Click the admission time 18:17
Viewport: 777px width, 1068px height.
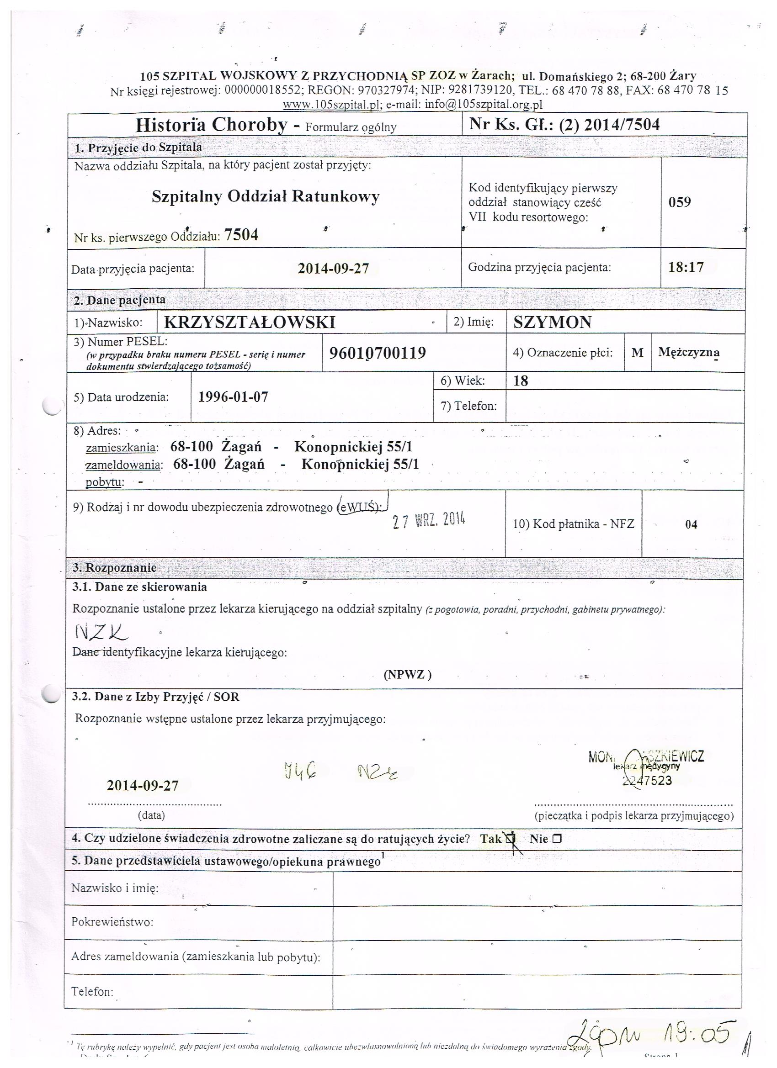(x=686, y=268)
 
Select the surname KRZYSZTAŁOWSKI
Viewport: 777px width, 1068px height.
(x=249, y=323)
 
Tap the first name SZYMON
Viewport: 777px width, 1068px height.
(x=552, y=323)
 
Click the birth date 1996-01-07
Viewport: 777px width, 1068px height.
(x=233, y=397)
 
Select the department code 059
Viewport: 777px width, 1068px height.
(x=680, y=202)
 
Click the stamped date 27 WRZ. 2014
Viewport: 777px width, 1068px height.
(x=429, y=521)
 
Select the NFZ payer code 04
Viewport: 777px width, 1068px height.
(x=691, y=524)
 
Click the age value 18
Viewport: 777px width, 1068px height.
(x=521, y=381)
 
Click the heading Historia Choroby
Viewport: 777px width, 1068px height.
(x=211, y=125)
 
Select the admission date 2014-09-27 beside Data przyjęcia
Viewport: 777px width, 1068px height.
(x=333, y=269)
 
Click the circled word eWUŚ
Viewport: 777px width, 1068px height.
(x=361, y=507)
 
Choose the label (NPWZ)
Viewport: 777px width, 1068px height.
(x=407, y=675)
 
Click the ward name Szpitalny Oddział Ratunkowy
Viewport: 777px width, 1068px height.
(x=265, y=196)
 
